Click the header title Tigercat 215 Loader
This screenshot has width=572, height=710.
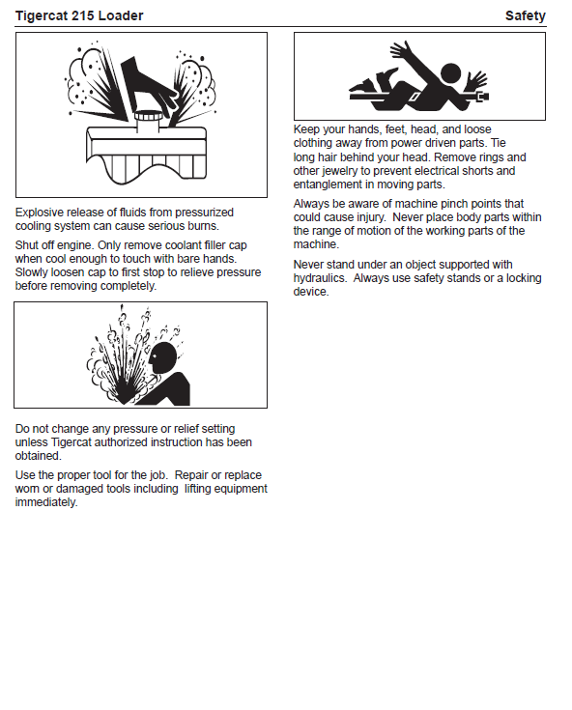[x=79, y=15]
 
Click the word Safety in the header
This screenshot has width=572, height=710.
[x=526, y=15]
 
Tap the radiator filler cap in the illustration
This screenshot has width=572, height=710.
[x=149, y=121]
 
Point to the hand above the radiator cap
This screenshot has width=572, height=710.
[x=150, y=84]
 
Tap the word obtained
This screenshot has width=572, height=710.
[x=38, y=456]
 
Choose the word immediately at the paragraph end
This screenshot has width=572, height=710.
[x=46, y=502]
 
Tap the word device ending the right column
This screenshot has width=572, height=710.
[x=311, y=292]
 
